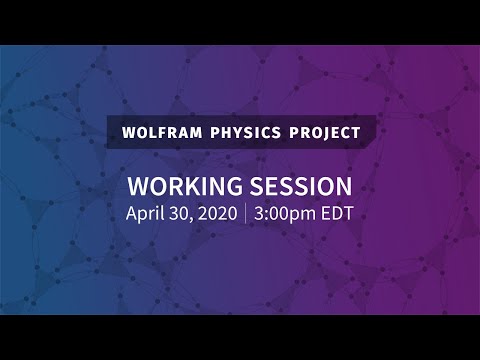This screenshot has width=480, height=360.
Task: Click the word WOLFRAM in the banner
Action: (163, 132)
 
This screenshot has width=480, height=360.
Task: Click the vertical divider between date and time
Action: (246, 213)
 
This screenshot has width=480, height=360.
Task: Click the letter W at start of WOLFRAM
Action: (127, 132)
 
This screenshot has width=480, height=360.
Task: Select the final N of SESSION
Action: (342, 187)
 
